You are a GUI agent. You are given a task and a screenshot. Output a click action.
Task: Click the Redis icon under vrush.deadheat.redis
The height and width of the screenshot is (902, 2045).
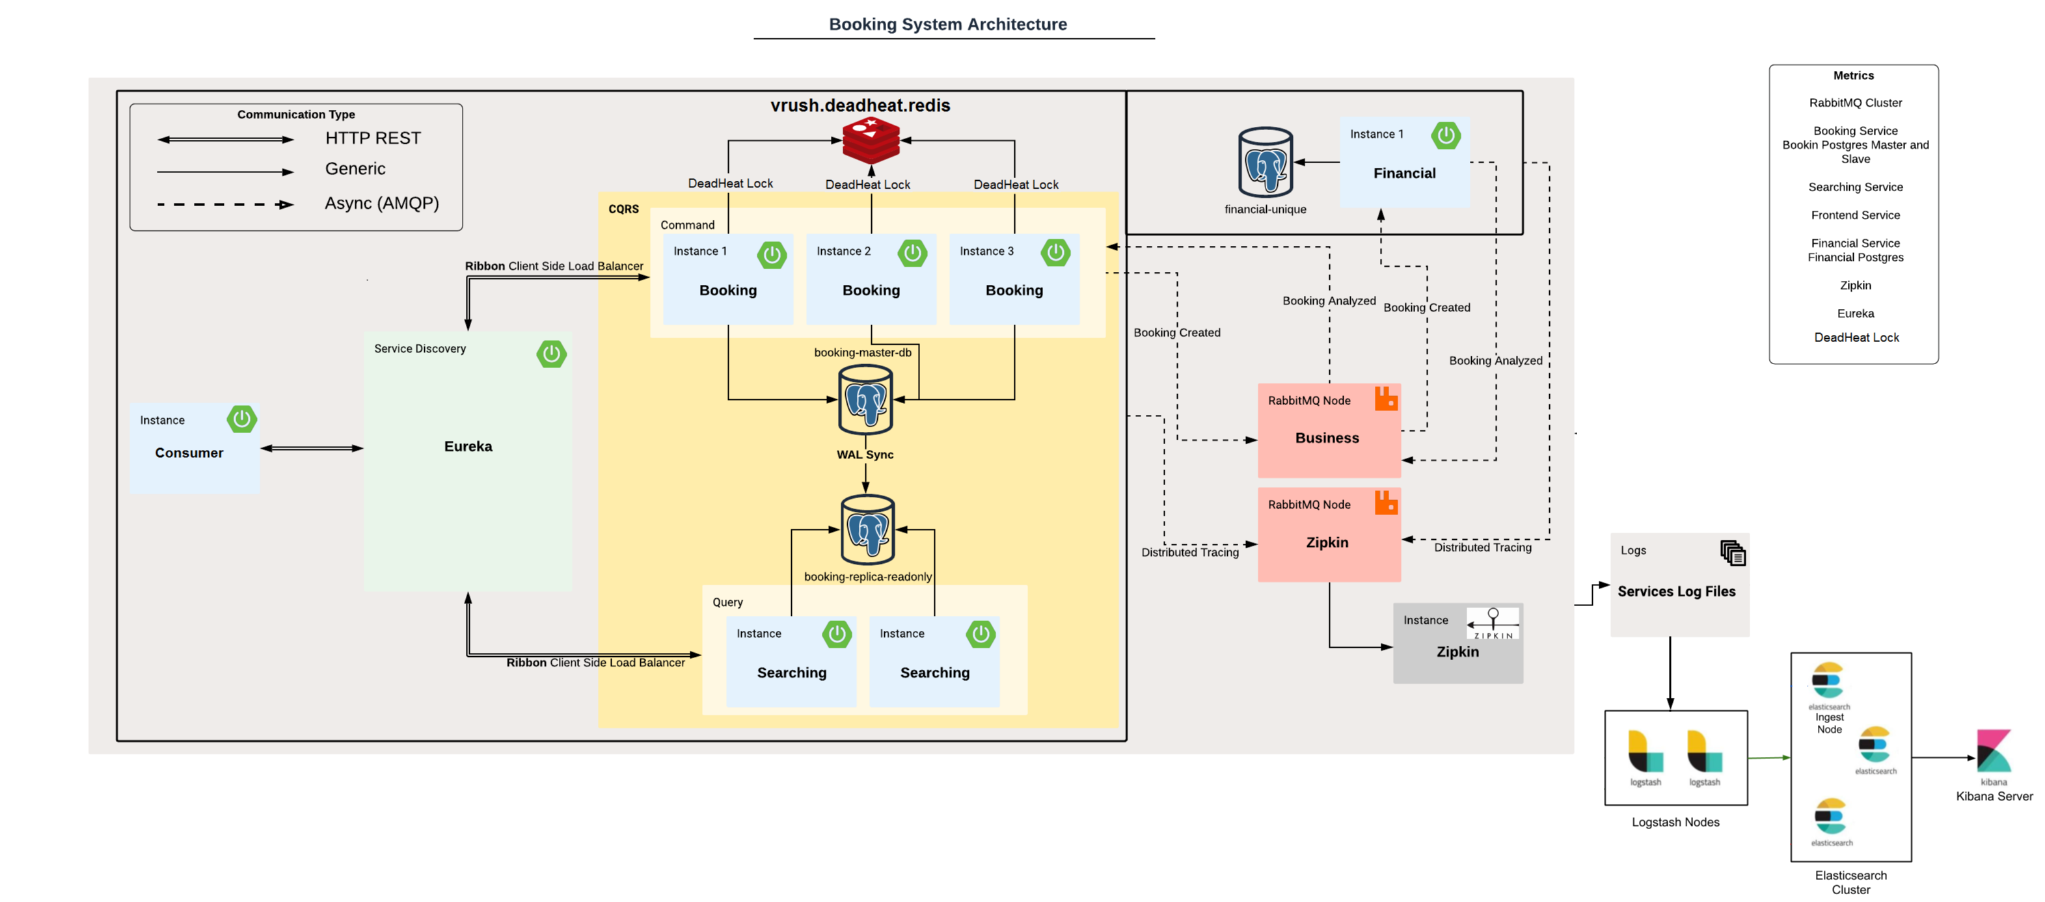871,140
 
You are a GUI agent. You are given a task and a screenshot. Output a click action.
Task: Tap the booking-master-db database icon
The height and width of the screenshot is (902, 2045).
865,399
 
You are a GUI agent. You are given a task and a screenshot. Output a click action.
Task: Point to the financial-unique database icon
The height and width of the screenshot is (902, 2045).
1266,163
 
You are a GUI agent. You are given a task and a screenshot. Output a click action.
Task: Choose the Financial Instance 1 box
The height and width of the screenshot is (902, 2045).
1403,163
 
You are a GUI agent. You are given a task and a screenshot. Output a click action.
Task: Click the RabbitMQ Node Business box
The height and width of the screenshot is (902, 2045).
1328,430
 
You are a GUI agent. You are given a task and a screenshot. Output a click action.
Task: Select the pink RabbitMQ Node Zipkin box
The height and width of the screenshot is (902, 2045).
1328,534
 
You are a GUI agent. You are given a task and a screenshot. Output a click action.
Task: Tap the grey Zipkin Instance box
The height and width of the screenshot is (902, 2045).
1457,643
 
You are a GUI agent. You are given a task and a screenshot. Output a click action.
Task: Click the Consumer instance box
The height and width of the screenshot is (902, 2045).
195,448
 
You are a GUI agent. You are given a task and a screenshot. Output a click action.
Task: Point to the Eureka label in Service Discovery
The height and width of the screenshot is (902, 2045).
468,447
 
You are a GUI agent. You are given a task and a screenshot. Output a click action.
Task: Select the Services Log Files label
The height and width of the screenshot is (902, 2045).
1676,591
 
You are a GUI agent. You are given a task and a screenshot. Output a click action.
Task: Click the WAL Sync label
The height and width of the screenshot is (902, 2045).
865,455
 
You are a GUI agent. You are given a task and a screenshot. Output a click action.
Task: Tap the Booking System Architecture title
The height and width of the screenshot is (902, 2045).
947,24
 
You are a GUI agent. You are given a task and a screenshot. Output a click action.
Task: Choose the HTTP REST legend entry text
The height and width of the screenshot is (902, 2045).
372,138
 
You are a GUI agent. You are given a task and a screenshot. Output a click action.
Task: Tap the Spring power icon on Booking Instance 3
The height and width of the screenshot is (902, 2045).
1055,253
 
